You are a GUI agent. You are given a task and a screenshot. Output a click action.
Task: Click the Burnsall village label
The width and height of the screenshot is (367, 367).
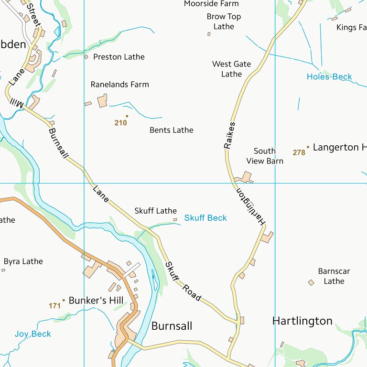click(x=172, y=326)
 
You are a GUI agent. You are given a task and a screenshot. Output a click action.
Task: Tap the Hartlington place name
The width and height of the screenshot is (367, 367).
click(x=302, y=321)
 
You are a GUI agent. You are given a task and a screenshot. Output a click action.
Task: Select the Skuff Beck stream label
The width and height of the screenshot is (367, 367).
click(x=205, y=218)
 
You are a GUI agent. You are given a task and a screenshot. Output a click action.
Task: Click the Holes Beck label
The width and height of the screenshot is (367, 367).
click(x=329, y=76)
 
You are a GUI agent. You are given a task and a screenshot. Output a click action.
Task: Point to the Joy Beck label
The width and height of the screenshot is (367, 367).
click(x=32, y=334)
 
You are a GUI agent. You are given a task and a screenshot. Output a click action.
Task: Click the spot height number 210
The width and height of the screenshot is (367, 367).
click(x=120, y=123)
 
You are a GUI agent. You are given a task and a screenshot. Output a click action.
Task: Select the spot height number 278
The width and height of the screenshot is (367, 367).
click(x=299, y=152)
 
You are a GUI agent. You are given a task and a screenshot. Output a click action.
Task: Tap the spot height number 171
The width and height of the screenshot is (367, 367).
click(x=54, y=305)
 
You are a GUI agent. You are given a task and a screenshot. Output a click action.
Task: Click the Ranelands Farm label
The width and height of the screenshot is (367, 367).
click(x=120, y=85)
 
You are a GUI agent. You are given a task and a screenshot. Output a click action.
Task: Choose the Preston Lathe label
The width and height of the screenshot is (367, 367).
click(x=119, y=57)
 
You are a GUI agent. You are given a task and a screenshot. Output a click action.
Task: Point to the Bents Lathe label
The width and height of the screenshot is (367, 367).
click(x=171, y=130)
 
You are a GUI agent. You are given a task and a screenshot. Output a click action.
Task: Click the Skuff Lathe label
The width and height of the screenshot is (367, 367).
click(x=155, y=211)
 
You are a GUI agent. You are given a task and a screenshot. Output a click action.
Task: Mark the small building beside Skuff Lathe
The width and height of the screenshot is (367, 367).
click(x=175, y=220)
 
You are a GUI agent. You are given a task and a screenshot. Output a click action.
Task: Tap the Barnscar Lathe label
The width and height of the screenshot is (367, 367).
click(x=334, y=276)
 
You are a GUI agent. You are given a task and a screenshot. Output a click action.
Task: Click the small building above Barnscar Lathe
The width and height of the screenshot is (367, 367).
click(x=311, y=282)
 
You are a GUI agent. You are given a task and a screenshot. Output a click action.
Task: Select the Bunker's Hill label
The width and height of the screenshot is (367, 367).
click(x=96, y=301)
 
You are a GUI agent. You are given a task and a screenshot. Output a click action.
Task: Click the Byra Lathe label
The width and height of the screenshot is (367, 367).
click(x=23, y=261)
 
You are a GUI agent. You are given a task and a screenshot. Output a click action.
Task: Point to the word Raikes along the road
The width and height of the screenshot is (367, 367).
click(x=230, y=135)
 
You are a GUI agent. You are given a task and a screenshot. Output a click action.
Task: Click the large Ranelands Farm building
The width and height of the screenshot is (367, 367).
click(x=102, y=101)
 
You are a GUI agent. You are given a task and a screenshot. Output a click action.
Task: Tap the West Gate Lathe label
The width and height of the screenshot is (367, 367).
click(x=231, y=69)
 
